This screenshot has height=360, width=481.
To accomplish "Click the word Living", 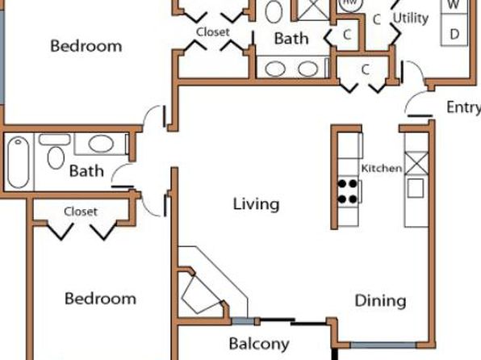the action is click(256, 204).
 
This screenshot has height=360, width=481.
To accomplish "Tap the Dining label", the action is click(380, 300).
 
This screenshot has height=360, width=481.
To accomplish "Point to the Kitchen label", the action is click(382, 168).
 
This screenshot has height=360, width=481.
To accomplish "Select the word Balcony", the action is click(259, 344).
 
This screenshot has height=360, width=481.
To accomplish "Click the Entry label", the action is click(463, 107).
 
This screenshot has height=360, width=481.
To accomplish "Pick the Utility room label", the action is click(411, 18).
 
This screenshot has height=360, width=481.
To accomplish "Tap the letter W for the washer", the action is click(454, 4).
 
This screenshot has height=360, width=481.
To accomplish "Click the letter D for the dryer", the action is click(454, 34).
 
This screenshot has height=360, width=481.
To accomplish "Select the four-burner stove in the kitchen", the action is click(348, 191).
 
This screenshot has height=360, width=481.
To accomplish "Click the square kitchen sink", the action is click(416, 188).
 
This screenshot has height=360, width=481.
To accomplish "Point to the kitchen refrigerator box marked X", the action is click(416, 163).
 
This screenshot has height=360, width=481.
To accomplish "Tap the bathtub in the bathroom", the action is click(19, 162).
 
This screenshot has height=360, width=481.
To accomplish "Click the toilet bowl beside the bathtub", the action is click(56, 157).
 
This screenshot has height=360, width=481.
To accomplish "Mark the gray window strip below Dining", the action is click(383, 345).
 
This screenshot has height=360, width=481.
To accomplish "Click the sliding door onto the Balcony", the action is click(293, 321).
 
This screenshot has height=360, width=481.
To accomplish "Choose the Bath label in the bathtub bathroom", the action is click(86, 171).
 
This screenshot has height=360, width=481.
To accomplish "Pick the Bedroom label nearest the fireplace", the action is click(100, 299).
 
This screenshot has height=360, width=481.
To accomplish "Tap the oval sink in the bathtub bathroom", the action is click(101, 144).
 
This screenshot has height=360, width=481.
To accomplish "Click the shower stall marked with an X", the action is click(313, 10).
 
